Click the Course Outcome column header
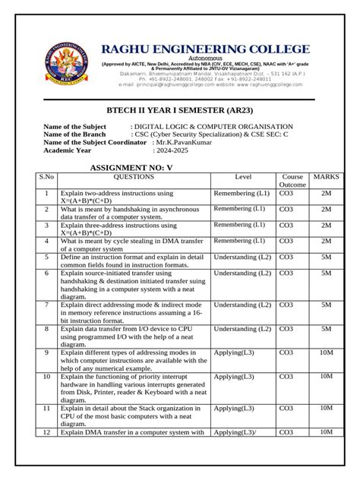[x=292, y=181]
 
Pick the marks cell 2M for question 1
[x=326, y=194]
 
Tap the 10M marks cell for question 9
[x=326, y=352]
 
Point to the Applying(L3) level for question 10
[x=234, y=377]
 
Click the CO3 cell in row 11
[x=286, y=408]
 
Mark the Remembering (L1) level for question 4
[x=238, y=241]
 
